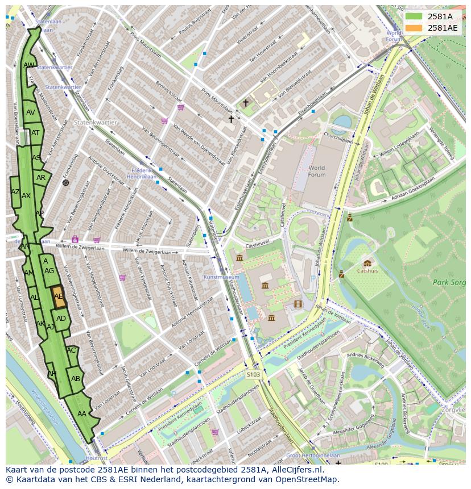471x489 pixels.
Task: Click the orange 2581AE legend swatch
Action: [414, 28]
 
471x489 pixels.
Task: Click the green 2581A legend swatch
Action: [414, 16]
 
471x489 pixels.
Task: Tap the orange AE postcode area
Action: [59, 296]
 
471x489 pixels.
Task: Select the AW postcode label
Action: [29, 65]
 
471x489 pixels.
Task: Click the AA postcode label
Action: [82, 414]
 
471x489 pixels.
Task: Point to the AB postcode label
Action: [76, 378]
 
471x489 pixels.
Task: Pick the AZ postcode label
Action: [15, 192]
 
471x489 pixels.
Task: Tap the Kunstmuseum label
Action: [221, 277]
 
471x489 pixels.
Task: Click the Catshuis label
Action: [367, 271]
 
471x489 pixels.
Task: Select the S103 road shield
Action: [254, 374]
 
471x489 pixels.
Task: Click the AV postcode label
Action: [31, 112]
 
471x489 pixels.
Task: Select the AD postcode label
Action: [61, 319]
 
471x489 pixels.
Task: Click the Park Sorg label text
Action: [448, 282]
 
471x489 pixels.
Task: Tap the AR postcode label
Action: [41, 178]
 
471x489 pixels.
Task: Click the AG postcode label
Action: [49, 271]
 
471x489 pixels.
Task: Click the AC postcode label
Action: [71, 350]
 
